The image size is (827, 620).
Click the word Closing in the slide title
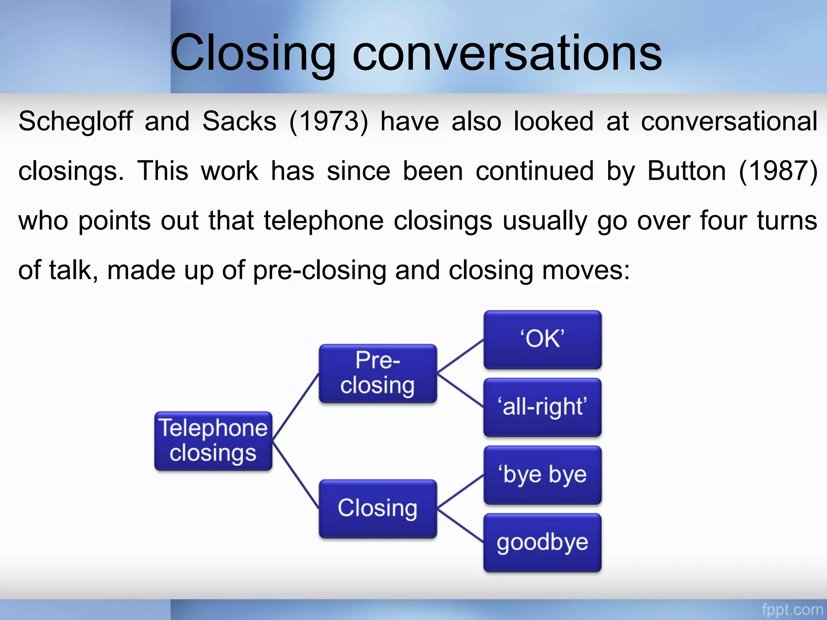click(x=252, y=53)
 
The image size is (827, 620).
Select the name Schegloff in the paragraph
click(x=76, y=121)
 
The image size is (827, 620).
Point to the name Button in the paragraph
click(x=687, y=171)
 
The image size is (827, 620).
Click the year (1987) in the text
click(x=778, y=171)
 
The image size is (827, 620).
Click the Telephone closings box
click(x=213, y=441)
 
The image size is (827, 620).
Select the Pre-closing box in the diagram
click(x=378, y=373)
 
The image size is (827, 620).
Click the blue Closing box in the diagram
click(x=378, y=509)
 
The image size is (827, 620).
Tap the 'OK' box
click(x=542, y=339)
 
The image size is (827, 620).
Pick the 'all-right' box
click(x=542, y=407)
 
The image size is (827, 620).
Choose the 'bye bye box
click(x=542, y=475)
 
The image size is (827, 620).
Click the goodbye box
click(x=542, y=542)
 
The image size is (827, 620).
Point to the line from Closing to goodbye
click(x=460, y=526)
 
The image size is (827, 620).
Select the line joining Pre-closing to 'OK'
click(x=460, y=356)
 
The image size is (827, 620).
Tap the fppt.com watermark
click(x=792, y=609)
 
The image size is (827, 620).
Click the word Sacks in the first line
click(x=239, y=121)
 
